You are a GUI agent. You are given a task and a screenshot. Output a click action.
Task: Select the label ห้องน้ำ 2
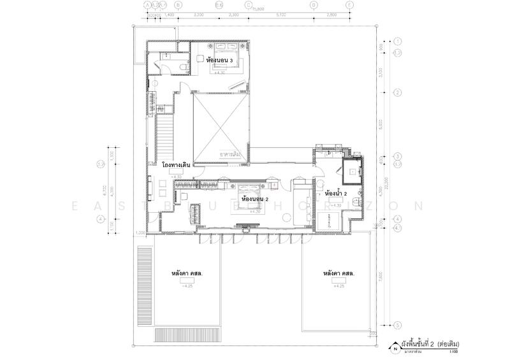tap(336, 193)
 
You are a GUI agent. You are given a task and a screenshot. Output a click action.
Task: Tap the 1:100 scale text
tap(453, 352)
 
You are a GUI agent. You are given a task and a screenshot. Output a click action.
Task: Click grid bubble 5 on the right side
tap(397, 324)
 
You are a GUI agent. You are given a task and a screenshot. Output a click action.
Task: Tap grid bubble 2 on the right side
tap(397, 93)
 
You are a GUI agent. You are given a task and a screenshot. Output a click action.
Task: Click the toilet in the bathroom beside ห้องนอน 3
tap(182, 64)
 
